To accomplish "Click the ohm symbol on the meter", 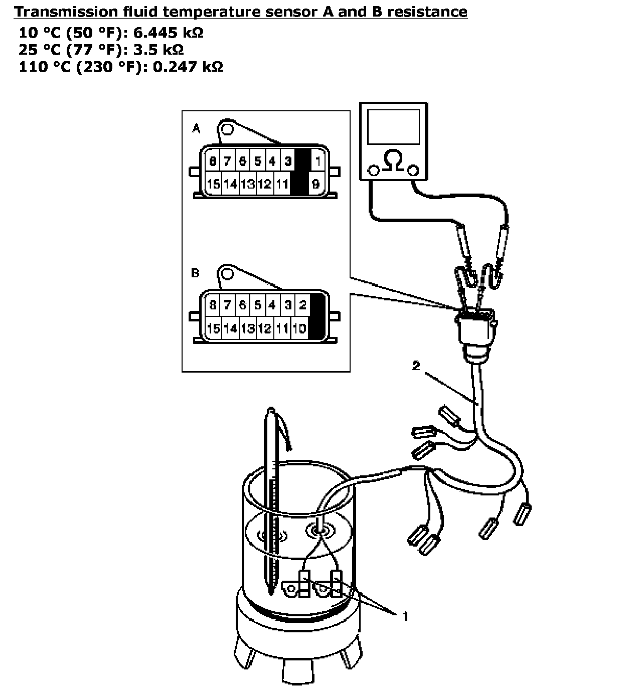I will [x=394, y=161].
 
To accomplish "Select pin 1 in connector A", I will [x=318, y=161].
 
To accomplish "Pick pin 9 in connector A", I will [x=316, y=184].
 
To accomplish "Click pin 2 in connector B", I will [x=302, y=305].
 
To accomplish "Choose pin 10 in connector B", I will [x=299, y=328].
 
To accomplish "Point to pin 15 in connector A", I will [x=214, y=184].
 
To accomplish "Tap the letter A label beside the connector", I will [x=196, y=129].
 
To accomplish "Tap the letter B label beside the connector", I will [x=196, y=273].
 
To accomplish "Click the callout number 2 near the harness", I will [x=416, y=366].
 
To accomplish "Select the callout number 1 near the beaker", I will [x=405, y=616].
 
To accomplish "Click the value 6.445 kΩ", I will [x=169, y=33].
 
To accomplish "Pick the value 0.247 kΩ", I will [x=188, y=66].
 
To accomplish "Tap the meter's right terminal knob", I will [x=414, y=170].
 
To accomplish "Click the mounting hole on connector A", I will [x=227, y=129].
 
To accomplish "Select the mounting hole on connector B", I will [x=227, y=274].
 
